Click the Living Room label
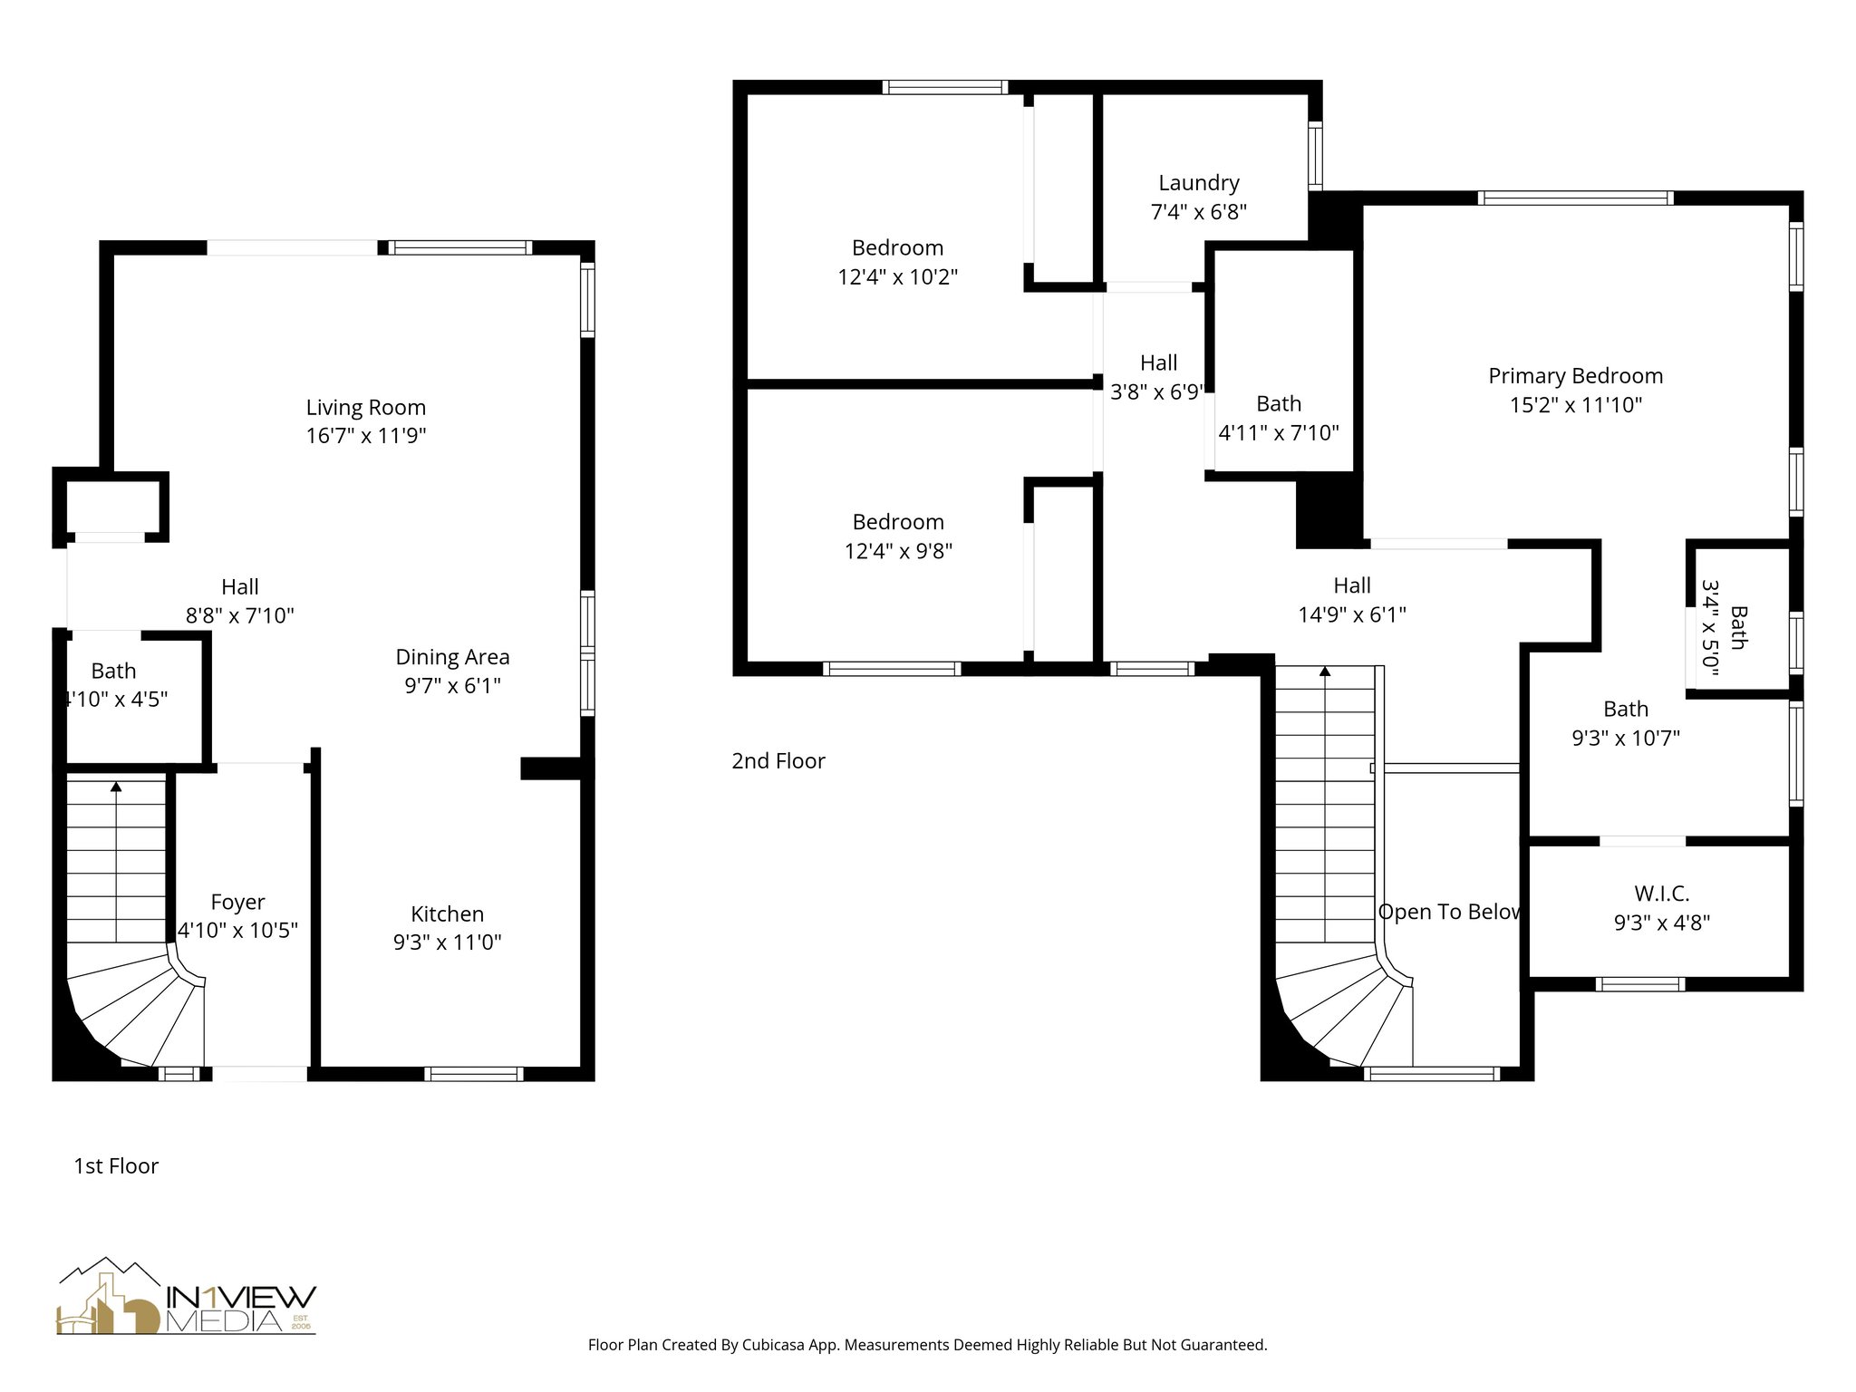coord(365,408)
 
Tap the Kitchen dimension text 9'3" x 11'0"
coord(447,942)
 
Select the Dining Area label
coord(452,657)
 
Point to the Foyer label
coord(237,902)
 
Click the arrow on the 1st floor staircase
coord(116,788)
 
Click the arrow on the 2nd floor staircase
coord(1325,672)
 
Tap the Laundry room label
coord(1198,183)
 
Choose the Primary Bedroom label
coord(1575,376)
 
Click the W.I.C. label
coord(1661,894)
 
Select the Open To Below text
coord(1448,912)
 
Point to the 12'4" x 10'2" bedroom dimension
coord(897,277)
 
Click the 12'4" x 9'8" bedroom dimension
coord(898,551)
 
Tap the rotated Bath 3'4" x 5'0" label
coord(1724,627)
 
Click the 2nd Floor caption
coord(778,761)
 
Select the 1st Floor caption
coord(116,1166)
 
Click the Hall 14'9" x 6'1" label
coord(1351,600)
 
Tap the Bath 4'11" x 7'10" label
coord(1278,419)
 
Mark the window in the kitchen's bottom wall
coord(473,1074)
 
